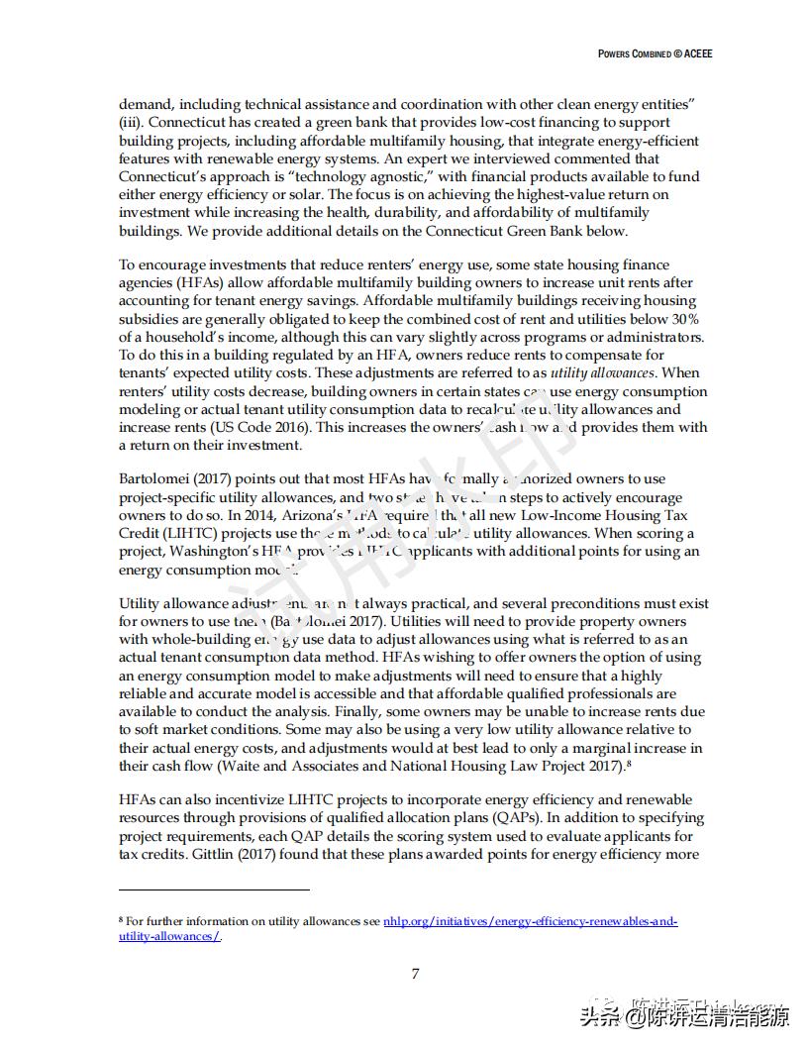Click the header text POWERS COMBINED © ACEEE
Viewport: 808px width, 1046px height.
pos(655,53)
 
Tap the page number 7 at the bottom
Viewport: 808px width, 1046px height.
pos(415,974)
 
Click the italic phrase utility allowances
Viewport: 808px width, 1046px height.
pos(602,373)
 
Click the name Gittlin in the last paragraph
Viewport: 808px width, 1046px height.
pos(219,855)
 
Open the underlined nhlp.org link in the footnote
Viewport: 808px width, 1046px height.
pos(530,921)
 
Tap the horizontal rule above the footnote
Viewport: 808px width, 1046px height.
pos(214,889)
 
